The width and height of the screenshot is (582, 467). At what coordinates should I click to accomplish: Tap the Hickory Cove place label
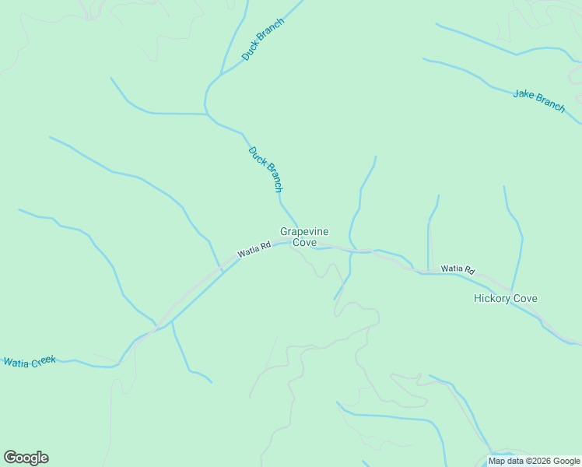505,298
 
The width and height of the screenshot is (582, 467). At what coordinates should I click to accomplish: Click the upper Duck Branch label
263,40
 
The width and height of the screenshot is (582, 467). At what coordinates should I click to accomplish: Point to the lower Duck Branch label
265,169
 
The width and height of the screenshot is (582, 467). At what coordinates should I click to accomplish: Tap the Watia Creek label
30,361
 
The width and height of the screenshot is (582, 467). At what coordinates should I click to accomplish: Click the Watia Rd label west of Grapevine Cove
254,250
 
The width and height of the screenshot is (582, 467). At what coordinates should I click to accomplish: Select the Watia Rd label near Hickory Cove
458,269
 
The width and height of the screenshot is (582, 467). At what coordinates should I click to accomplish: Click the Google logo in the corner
26,458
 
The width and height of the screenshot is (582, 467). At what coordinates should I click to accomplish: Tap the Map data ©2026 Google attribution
534,461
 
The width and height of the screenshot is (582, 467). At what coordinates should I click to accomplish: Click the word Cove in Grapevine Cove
304,243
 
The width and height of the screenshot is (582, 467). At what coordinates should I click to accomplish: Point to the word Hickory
491,298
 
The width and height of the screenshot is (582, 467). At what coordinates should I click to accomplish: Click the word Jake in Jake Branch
523,96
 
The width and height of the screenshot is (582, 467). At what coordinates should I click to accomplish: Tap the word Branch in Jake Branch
549,104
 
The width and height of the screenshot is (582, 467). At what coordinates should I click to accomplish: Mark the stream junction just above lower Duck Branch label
206,114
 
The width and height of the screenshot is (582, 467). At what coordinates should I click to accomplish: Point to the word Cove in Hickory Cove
525,298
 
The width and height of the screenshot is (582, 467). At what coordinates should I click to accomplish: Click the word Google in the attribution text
566,461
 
